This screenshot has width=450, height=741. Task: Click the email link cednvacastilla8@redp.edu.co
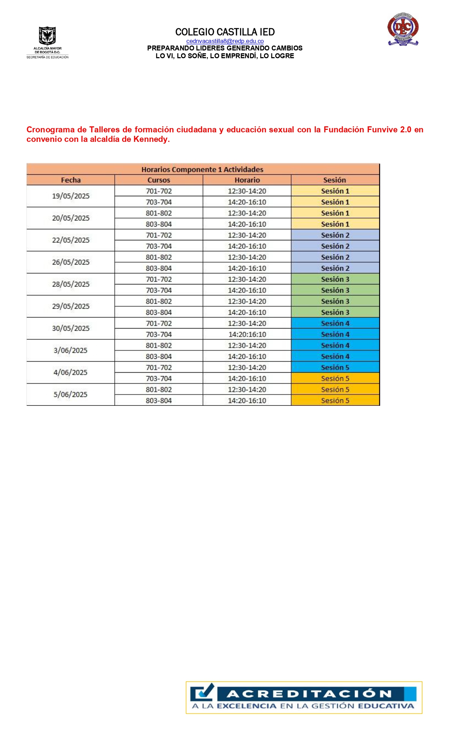click(225, 41)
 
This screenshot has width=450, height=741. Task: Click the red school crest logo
click(403, 30)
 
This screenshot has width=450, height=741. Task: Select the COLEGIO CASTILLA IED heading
click(225, 32)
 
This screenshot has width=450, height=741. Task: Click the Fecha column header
click(71, 180)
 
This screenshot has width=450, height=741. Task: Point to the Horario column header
click(247, 180)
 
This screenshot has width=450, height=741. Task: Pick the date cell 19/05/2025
click(71, 196)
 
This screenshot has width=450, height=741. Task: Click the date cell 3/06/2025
click(71, 350)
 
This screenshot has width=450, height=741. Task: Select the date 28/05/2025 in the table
click(71, 284)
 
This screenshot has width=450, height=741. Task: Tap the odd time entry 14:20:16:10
click(247, 335)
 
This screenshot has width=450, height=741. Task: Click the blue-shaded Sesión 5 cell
click(335, 368)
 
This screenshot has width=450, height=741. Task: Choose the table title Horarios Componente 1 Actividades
click(202, 169)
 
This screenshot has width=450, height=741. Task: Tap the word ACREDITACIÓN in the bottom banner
click(309, 694)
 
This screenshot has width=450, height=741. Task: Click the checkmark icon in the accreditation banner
click(203, 692)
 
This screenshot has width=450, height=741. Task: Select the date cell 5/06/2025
click(71, 394)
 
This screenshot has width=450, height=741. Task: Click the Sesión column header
click(335, 180)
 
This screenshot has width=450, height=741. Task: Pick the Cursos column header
click(158, 180)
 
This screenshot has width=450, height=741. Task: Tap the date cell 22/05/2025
click(71, 240)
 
